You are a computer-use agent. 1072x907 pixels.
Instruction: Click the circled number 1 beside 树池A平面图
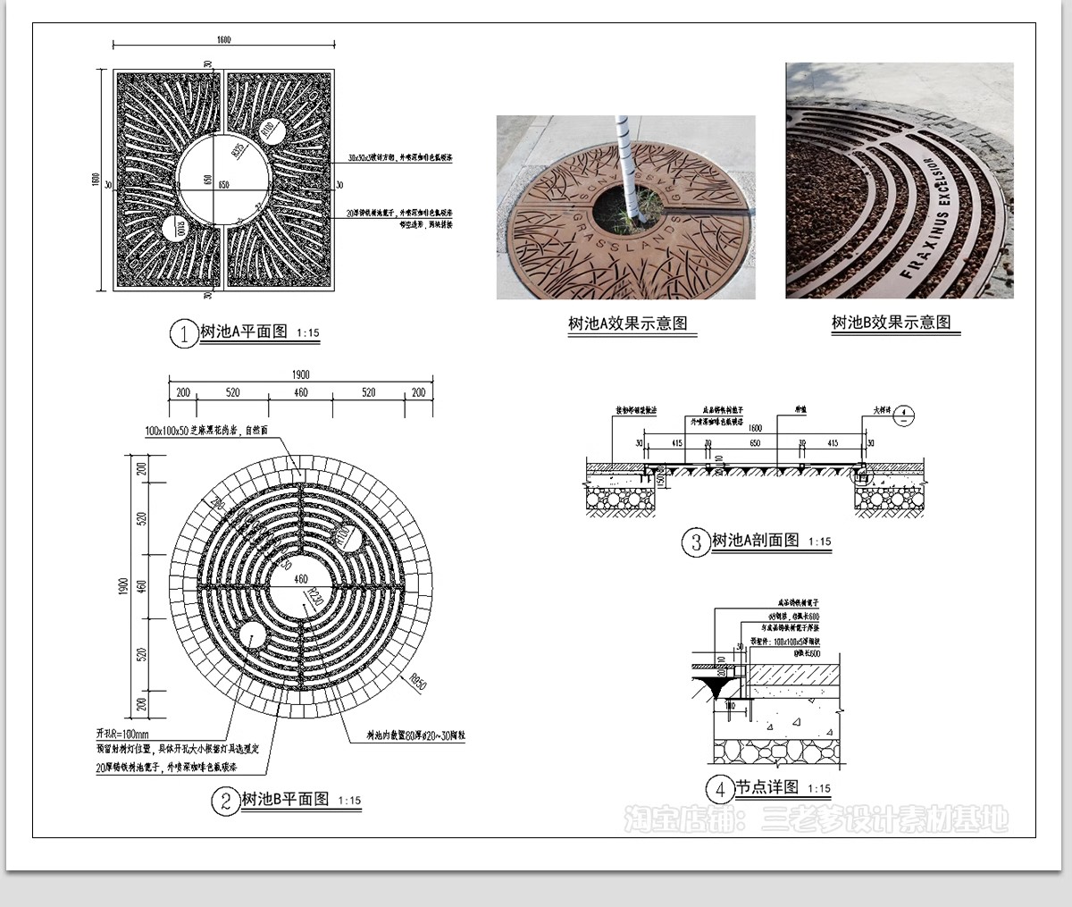(183, 334)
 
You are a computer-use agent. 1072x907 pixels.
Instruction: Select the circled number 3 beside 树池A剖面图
(695, 542)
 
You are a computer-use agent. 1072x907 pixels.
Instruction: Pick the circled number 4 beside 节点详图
(719, 790)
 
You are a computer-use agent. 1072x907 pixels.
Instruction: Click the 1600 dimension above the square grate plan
(223, 40)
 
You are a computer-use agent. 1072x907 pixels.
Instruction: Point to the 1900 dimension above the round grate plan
(300, 375)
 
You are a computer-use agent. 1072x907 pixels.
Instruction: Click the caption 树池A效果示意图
(627, 324)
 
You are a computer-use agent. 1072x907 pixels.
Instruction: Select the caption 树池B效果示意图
(891, 323)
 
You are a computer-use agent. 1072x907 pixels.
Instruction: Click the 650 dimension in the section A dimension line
(754, 443)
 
